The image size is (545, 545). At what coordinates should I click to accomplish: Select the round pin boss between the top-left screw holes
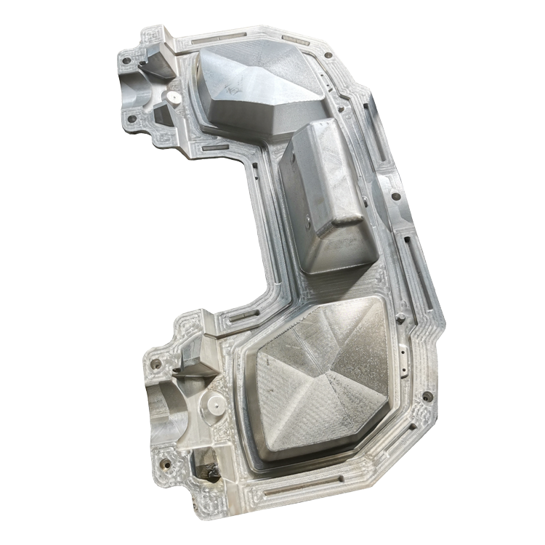click(x=173, y=95)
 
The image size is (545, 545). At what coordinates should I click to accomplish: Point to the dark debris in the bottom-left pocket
click(x=212, y=472)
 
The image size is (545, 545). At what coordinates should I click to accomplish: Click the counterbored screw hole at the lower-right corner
click(x=427, y=397)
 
